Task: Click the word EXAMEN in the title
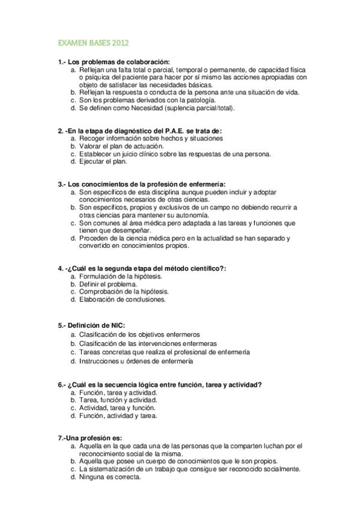[72, 44]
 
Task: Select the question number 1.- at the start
[62, 62]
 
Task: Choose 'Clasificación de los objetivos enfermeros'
[139, 334]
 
